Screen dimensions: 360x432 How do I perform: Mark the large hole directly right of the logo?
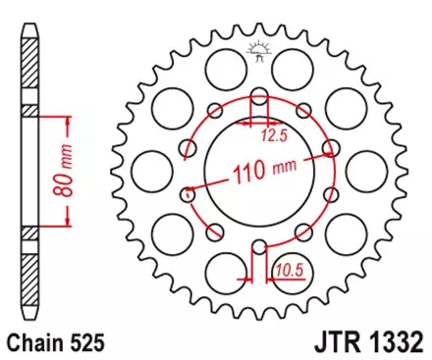pyautogui.click(x=291, y=71)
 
